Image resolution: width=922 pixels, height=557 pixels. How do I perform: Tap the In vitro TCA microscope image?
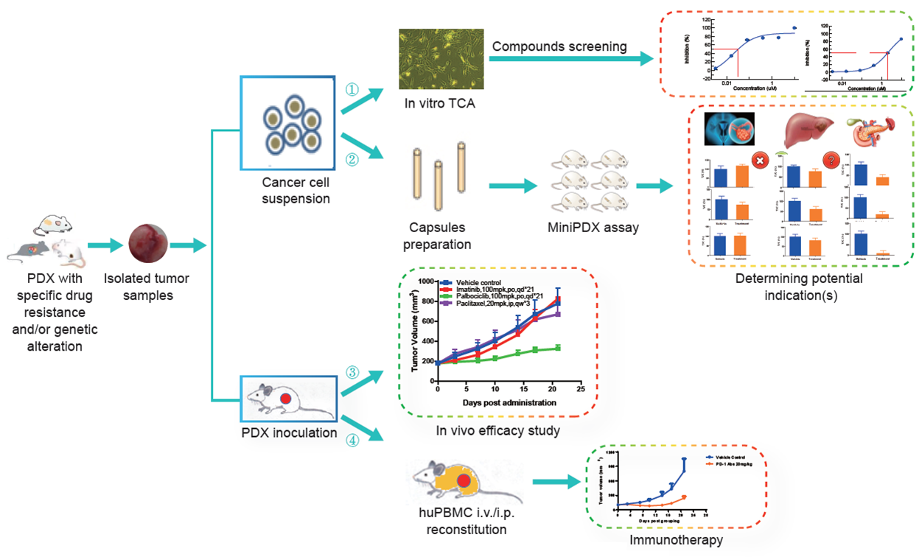click(441, 55)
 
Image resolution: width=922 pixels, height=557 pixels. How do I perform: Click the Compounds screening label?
click(559, 46)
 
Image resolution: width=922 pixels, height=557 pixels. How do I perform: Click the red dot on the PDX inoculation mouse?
click(287, 398)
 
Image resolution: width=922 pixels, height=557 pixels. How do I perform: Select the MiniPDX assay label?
click(593, 228)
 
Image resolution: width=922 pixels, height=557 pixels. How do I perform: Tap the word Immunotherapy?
click(675, 540)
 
